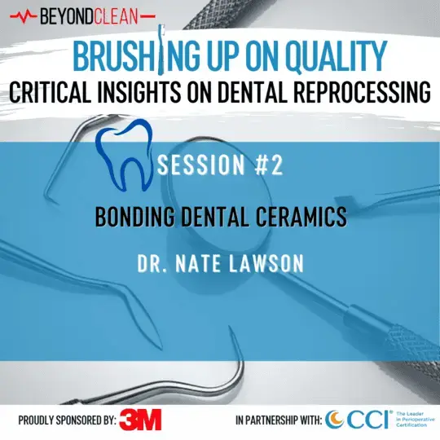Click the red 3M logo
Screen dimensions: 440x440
(x=140, y=420)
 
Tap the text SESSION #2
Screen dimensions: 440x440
(x=220, y=167)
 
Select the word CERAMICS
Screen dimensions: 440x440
(x=302, y=218)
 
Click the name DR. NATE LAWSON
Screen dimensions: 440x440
(x=220, y=265)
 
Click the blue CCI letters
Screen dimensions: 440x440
(x=367, y=419)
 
